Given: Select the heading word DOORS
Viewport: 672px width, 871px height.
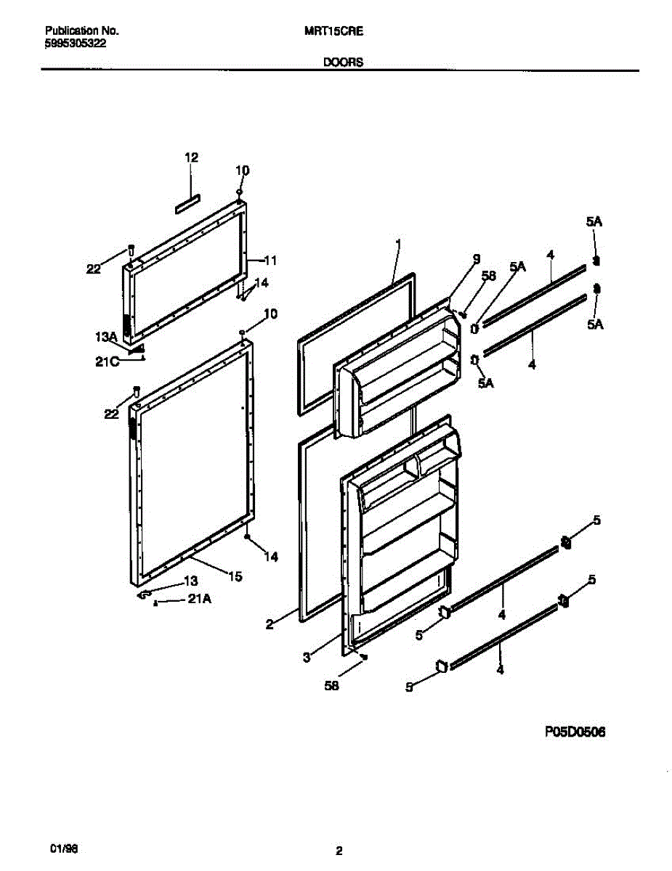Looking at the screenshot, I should point(343,62).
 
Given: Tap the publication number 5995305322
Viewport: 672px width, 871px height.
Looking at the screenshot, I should point(76,44).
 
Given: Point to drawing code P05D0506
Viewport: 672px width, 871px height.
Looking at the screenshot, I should point(575,733).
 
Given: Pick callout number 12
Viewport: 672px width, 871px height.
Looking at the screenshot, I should point(191,157).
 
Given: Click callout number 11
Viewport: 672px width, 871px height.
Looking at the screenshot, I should point(271,260).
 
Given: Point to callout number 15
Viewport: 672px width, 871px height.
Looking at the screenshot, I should point(235,576).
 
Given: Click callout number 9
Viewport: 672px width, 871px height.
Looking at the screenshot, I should point(477,258).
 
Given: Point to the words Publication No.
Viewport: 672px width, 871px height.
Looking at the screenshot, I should point(82,31).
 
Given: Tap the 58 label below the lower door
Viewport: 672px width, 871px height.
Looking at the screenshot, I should point(333,683).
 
